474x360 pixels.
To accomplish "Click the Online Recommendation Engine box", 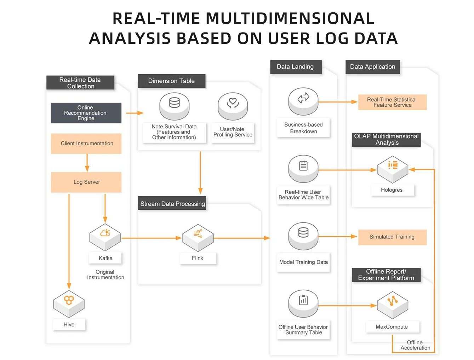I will (x=86, y=113).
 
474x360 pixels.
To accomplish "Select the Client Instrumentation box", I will (x=86, y=143).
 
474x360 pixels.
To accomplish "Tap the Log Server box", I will (x=86, y=182).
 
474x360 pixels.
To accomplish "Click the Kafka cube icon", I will (x=105, y=236).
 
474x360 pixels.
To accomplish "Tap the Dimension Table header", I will (x=172, y=81).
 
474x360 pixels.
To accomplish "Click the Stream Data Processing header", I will (x=172, y=204).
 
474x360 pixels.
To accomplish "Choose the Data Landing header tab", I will (x=296, y=67).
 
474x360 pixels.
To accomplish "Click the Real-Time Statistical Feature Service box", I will (x=392, y=102).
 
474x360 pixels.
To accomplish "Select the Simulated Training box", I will (x=392, y=237).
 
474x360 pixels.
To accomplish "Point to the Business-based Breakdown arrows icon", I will (x=303, y=99).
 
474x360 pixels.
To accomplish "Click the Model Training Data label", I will (x=303, y=262).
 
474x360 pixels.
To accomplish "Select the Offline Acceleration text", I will (x=415, y=345).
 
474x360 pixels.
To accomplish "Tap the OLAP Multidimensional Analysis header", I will (x=386, y=139).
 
